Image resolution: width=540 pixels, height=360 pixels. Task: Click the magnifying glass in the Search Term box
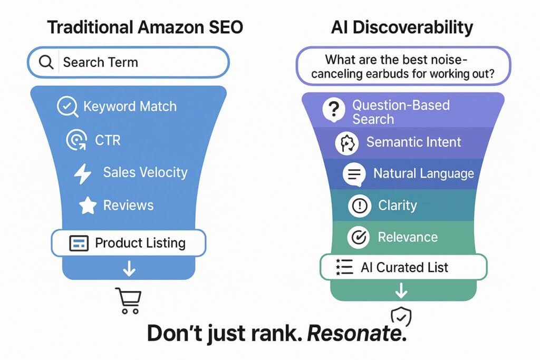pos(46,62)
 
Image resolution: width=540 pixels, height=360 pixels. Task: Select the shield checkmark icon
pos(401,316)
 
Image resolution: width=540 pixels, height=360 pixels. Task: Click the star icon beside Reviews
pos(88,206)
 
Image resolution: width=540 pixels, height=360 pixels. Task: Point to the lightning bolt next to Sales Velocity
pos(83,173)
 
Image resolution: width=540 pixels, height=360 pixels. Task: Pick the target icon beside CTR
pos(77,140)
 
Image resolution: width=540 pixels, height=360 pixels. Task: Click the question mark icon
pos(333,111)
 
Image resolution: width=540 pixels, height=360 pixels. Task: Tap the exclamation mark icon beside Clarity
pos(360,206)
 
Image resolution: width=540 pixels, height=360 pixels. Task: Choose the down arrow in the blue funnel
pos(129,269)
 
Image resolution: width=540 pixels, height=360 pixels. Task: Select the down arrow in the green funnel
pos(401,289)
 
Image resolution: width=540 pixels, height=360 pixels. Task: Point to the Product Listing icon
pos(79,244)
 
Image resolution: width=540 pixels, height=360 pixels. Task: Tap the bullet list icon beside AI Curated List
pos(344,267)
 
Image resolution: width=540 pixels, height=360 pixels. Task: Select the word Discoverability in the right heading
pos(411,28)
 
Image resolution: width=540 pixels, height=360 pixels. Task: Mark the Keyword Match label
pos(130,106)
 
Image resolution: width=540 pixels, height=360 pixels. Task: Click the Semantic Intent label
pos(413,142)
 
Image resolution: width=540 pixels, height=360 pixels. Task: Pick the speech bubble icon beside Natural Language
pos(354,174)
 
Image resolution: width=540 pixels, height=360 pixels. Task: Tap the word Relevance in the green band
pos(408,237)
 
